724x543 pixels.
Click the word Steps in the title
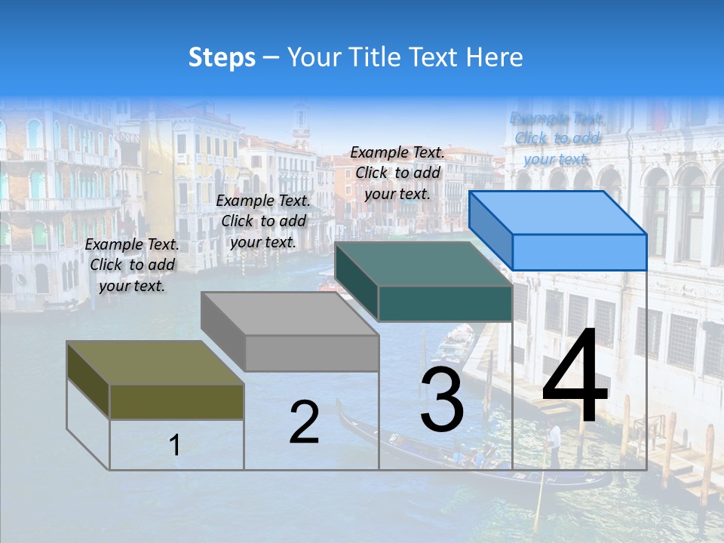[x=222, y=57]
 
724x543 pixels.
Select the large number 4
[x=575, y=379]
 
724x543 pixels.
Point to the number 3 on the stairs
[x=442, y=401]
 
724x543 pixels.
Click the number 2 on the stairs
[x=304, y=422]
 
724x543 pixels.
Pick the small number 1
[x=174, y=446]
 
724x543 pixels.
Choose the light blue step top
[x=558, y=212]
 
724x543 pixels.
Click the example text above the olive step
[x=132, y=265]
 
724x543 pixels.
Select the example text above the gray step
[x=263, y=221]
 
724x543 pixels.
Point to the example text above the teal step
[x=397, y=173]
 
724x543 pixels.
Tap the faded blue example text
[x=557, y=138]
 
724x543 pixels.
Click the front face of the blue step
[x=579, y=252]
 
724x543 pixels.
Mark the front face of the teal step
[x=445, y=304]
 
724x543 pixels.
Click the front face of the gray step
[x=311, y=353]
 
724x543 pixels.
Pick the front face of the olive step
[x=176, y=401]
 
